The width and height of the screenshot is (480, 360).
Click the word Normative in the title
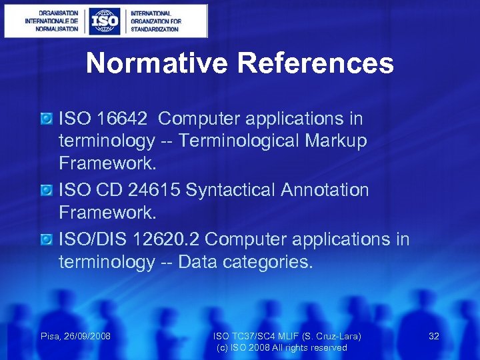(x=157, y=63)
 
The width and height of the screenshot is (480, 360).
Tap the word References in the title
(x=315, y=63)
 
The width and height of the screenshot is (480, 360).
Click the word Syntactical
(x=231, y=190)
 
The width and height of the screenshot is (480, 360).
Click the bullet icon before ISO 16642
(x=46, y=119)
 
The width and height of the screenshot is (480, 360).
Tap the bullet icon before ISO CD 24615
(x=46, y=191)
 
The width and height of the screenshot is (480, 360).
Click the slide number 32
(x=433, y=336)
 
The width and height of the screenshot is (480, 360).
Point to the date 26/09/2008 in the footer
(x=87, y=336)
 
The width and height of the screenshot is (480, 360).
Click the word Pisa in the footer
(x=51, y=336)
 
